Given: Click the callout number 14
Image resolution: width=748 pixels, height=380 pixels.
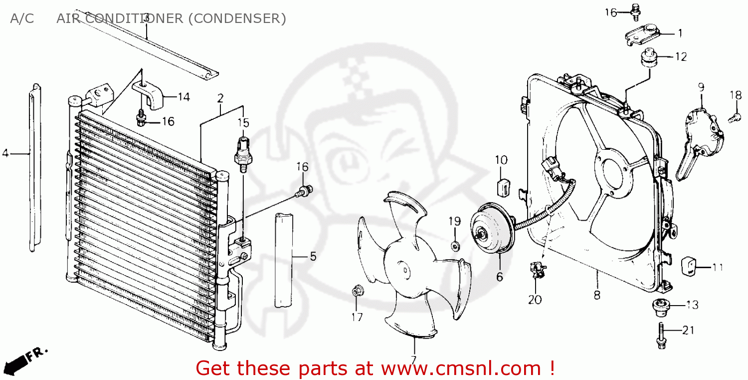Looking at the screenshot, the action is point(184,97).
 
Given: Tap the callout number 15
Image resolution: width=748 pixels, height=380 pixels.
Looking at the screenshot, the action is point(243,123).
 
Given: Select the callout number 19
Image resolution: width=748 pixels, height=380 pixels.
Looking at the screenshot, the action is point(454,221).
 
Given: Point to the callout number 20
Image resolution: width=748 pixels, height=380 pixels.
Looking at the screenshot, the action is point(535,300).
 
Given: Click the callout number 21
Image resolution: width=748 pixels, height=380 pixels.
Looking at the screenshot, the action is point(688,330).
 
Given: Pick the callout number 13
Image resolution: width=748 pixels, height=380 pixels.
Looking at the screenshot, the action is point(692,305).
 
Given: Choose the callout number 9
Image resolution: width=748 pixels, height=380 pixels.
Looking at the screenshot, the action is point(701,87).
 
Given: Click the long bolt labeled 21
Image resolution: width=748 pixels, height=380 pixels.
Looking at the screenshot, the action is point(661,336).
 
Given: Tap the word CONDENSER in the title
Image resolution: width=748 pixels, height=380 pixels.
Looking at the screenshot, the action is point(238,18).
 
